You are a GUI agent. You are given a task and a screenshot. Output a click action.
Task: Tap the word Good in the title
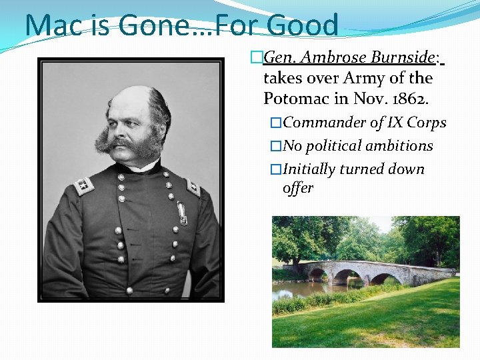coord(303,25)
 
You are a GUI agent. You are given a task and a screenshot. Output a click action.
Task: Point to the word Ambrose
coord(329,58)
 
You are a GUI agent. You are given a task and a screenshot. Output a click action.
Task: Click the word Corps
coord(427,123)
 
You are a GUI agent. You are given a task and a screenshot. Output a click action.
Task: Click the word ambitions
coord(403,146)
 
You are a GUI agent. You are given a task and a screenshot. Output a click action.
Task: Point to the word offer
coord(297,188)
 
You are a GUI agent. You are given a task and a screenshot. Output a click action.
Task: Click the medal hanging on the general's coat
coord(182,212)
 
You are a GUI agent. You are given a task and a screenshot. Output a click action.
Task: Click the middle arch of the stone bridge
coord(347,276)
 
